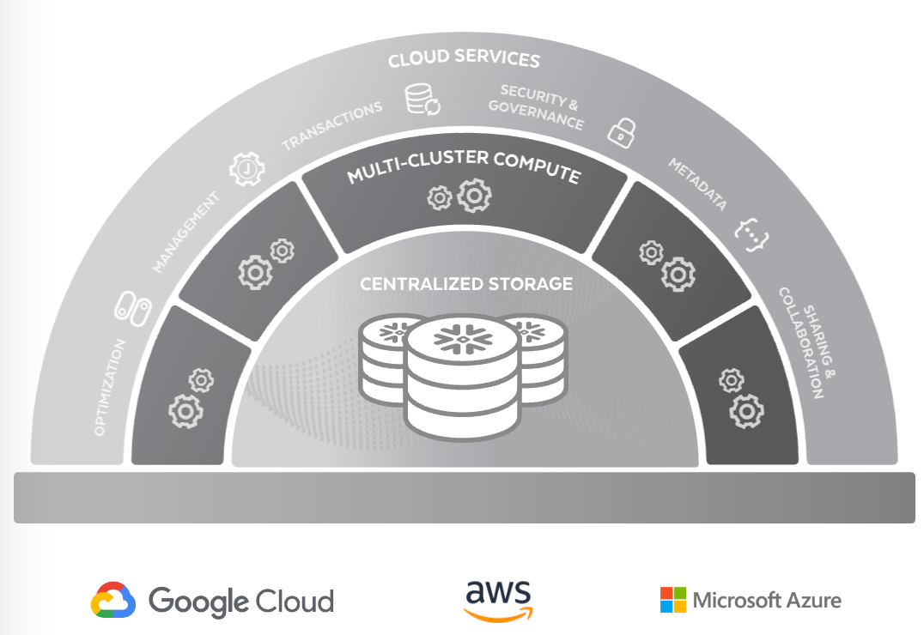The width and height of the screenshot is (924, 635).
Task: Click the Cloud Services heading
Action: (464, 58)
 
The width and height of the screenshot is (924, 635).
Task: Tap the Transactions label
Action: (331, 125)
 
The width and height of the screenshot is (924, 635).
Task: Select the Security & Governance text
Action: (537, 106)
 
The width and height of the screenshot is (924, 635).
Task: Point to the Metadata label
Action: (697, 184)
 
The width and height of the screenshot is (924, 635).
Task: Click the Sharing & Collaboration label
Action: (807, 342)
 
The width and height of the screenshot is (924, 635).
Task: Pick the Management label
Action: (185, 232)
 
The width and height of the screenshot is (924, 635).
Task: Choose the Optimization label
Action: (110, 387)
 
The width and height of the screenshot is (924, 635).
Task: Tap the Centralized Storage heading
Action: (466, 284)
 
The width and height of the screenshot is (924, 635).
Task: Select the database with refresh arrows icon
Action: (422, 99)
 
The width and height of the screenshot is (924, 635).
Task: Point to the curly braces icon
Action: (751, 234)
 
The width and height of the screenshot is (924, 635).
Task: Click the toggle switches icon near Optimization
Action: (132, 308)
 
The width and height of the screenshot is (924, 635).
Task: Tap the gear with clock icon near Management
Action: (247, 170)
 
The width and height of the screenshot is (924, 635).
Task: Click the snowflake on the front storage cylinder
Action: (463, 339)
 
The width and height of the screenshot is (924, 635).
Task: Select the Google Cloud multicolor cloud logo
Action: (113, 600)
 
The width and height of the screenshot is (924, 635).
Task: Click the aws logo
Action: (499, 601)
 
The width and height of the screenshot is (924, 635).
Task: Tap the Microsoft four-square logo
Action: (673, 600)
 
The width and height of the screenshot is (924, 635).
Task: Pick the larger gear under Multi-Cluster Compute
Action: (474, 196)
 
